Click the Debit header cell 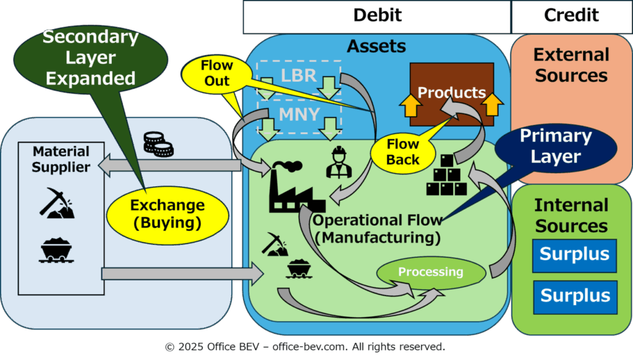(x=377, y=17)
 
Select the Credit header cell (x=572, y=17)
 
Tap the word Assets (x=376, y=46)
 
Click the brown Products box (x=452, y=94)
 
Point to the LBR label (x=299, y=75)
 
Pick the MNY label (x=300, y=115)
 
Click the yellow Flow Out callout (x=217, y=74)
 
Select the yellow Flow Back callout (x=403, y=152)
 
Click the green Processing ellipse (x=431, y=272)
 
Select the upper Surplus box (x=574, y=255)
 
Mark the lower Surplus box (x=576, y=296)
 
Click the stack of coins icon (x=158, y=144)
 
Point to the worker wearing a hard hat (x=339, y=162)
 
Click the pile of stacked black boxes (x=446, y=175)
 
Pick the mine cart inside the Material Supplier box (x=56, y=250)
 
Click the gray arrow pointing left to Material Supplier (x=169, y=165)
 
